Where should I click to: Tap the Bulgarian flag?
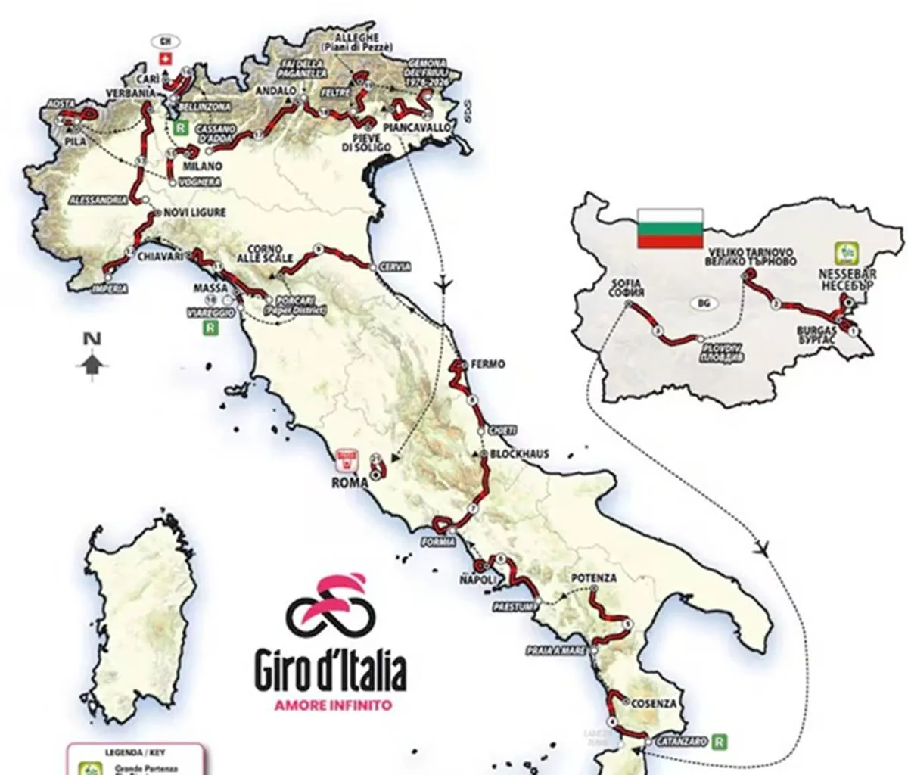(670, 229)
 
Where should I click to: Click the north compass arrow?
(92, 366)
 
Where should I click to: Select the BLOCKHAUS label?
(519, 454)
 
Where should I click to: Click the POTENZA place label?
(594, 578)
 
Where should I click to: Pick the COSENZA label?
(653, 703)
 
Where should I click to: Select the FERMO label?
(487, 364)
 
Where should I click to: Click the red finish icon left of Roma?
(349, 458)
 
